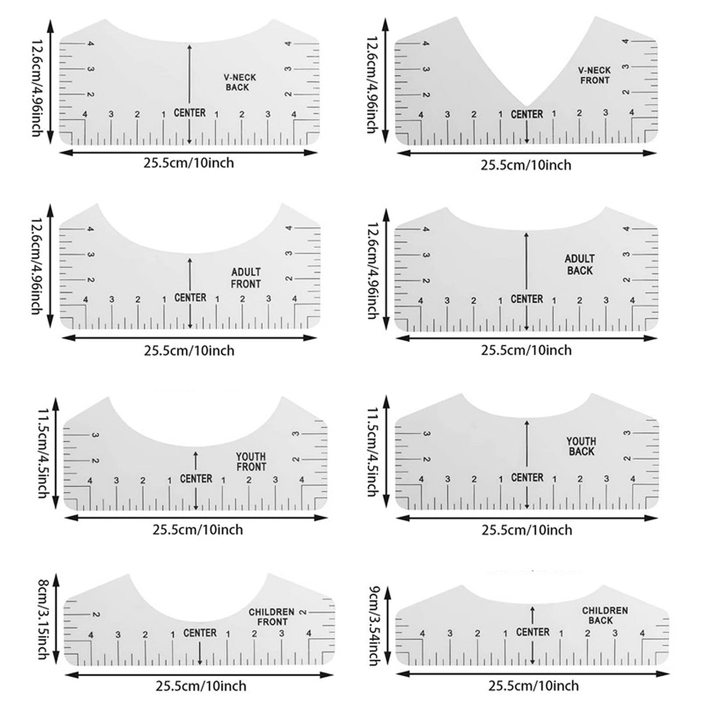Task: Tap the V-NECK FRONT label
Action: tap(594, 75)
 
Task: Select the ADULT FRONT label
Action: tap(246, 278)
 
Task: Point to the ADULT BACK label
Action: tap(580, 265)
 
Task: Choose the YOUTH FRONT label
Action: tap(251, 462)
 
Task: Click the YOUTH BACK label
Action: tap(581, 446)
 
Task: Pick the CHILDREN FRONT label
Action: tap(272, 617)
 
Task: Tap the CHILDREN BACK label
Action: tap(605, 615)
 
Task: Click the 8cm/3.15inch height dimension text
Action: tap(42, 620)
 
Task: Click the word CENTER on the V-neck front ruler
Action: tap(527, 114)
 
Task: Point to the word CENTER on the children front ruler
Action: tap(200, 633)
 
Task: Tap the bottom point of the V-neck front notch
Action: tap(527, 106)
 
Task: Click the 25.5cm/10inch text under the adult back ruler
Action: tap(526, 350)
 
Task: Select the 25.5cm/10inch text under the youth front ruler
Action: tap(198, 529)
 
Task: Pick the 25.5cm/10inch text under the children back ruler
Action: tap(534, 685)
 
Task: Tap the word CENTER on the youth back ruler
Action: tap(527, 477)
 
